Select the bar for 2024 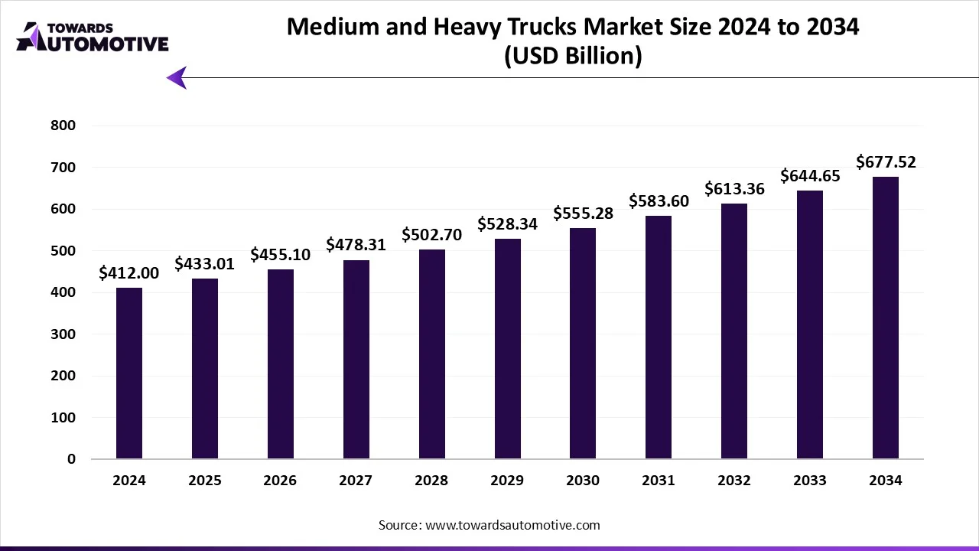coord(129,373)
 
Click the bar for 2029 coord(507,349)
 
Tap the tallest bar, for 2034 coord(886,318)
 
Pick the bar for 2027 coord(356,360)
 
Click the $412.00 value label coord(129,273)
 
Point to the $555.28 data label coord(584,214)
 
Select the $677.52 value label coord(886,162)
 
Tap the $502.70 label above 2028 coord(432,235)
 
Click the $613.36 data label coord(734,189)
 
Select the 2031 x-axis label coord(659,481)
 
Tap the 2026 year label coord(281,481)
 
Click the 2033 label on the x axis coord(810,481)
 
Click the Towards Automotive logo coord(92,37)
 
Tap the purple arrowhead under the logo coord(177,77)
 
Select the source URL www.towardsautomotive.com coord(512,525)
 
